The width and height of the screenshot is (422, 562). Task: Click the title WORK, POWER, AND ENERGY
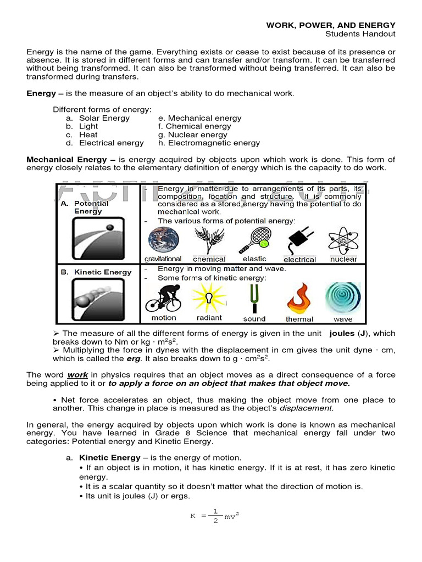(x=331, y=25)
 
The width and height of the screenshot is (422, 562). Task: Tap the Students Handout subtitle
(x=360, y=34)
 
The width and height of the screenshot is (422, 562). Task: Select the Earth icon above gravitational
(x=162, y=240)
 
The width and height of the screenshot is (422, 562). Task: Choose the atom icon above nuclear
(x=343, y=240)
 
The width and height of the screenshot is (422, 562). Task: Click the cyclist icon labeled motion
(x=163, y=298)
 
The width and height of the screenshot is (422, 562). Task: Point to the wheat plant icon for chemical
(x=209, y=240)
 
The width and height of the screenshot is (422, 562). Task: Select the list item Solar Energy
(x=104, y=118)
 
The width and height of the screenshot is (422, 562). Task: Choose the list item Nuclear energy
(x=197, y=134)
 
